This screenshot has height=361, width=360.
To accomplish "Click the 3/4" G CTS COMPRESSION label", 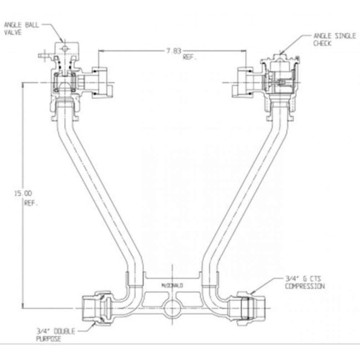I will (304, 283).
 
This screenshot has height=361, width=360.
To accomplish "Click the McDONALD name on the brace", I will (172, 285).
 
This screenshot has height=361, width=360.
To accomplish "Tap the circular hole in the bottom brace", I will (170, 308).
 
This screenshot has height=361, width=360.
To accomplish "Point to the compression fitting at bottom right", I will (249, 308).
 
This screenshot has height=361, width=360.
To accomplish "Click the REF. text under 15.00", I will (31, 203).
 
